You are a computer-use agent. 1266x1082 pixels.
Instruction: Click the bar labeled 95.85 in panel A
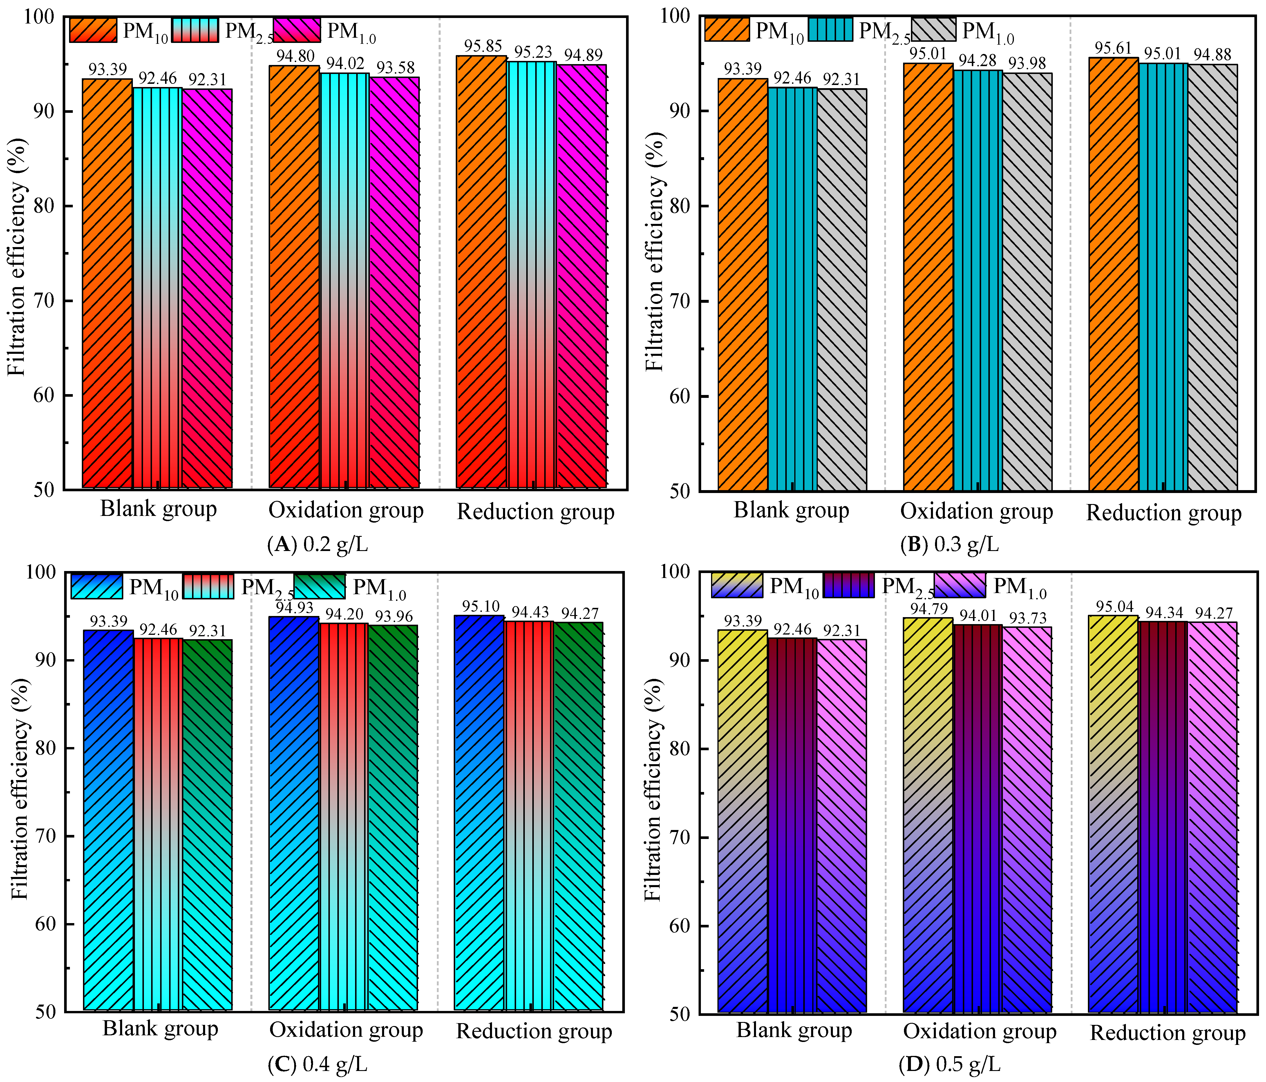[482, 272]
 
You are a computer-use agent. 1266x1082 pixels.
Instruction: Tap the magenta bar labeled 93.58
[394, 282]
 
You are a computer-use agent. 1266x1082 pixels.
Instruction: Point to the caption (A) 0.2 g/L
[318, 543]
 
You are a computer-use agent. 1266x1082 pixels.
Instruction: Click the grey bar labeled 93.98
[1027, 282]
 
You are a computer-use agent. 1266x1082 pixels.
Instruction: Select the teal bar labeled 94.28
[978, 280]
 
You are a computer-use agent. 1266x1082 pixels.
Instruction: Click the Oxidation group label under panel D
[980, 1032]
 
